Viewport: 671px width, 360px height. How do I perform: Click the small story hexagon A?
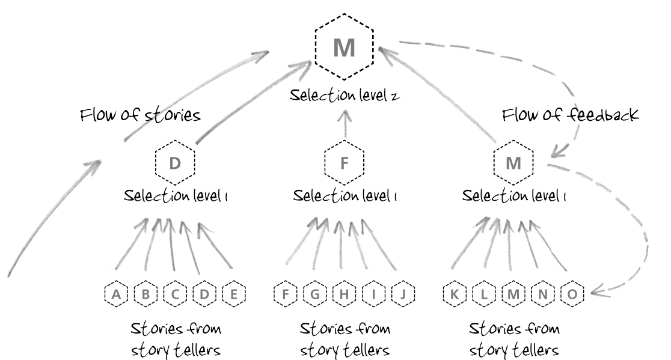pyautogui.click(x=117, y=294)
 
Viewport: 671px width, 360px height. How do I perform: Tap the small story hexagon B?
pyautogui.click(x=146, y=294)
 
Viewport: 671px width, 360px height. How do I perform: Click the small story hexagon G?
pyautogui.click(x=315, y=294)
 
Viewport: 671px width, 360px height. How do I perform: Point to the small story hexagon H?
pyautogui.click(x=345, y=294)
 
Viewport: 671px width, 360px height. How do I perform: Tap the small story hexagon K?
pyautogui.click(x=455, y=294)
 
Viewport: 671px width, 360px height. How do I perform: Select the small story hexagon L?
pyautogui.click(x=484, y=294)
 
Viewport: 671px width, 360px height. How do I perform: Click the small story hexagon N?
pyautogui.click(x=543, y=294)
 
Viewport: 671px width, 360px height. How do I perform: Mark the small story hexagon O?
pyautogui.click(x=572, y=294)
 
